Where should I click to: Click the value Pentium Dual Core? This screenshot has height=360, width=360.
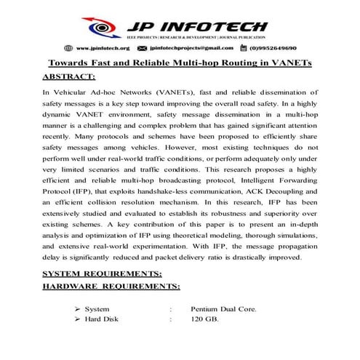pyautogui.click(x=223, y=308)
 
